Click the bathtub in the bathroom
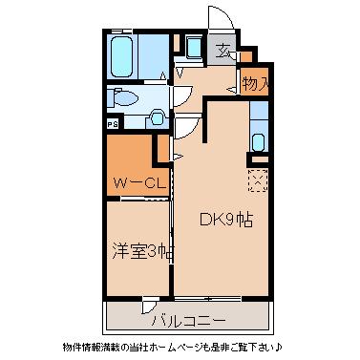pyautogui.click(x=122, y=56)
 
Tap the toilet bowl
pyautogui.click(x=126, y=98)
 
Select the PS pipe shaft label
pyautogui.click(x=113, y=124)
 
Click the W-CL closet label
pyautogui.click(x=140, y=183)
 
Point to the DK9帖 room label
pyautogui.click(x=226, y=220)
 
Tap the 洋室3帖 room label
pyautogui.click(x=142, y=251)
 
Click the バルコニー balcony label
pyautogui.click(x=188, y=319)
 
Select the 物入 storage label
pyautogui.click(x=255, y=84)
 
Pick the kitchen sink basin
pyautogui.click(x=258, y=142)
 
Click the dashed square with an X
pyautogui.click(x=258, y=180)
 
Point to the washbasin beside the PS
pyautogui.click(x=157, y=118)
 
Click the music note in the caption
pyautogui.click(x=279, y=346)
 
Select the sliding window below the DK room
pyautogui.click(x=207, y=299)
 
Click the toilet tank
pyautogui.click(x=110, y=98)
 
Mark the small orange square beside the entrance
pyautogui.click(x=245, y=56)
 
